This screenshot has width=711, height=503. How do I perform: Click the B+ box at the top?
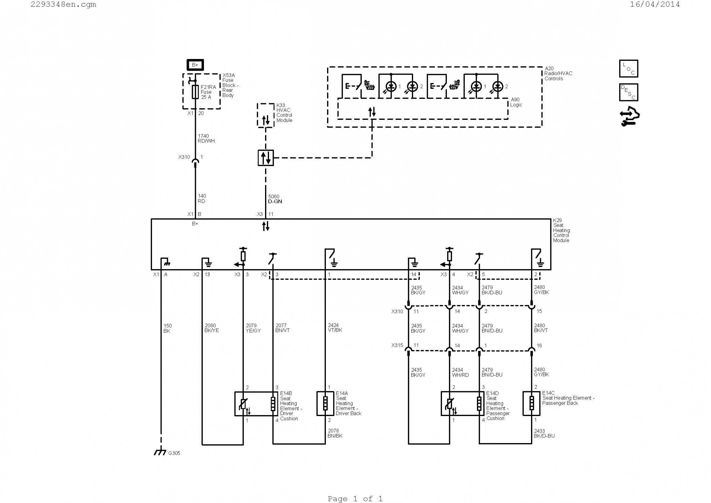tap(195, 65)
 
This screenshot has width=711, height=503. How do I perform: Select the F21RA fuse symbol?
tap(195, 92)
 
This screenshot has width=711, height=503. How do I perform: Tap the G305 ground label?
tap(174, 453)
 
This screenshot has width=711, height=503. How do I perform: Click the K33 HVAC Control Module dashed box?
tap(266, 115)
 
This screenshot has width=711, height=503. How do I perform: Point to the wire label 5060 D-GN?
tap(275, 199)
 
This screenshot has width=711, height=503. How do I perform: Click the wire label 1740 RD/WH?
tap(206, 139)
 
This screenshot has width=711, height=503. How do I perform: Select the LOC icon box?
tap(628, 69)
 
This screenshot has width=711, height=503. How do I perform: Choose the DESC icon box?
tap(628, 92)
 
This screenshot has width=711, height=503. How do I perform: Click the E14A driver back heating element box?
tap(325, 403)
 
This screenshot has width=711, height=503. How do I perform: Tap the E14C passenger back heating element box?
tap(531, 403)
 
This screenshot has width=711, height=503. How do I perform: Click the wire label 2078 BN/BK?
tap(335, 433)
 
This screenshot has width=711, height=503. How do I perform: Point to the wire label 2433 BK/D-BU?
tap(544, 433)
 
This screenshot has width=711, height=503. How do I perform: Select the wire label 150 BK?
tap(167, 328)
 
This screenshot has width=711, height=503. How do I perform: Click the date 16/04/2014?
tap(655, 4)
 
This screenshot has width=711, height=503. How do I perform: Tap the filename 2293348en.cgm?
tap(64, 4)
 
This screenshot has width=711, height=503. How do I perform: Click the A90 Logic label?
tap(516, 102)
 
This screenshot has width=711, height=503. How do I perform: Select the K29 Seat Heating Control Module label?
tap(561, 230)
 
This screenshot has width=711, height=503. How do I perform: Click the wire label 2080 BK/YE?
tap(212, 328)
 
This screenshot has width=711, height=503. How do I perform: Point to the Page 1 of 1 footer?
tap(355, 499)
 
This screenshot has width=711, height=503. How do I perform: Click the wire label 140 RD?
tap(202, 198)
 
